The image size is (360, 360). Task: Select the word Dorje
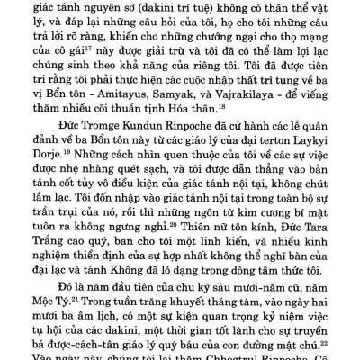point(50,192)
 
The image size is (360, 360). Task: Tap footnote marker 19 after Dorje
point(69,189)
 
